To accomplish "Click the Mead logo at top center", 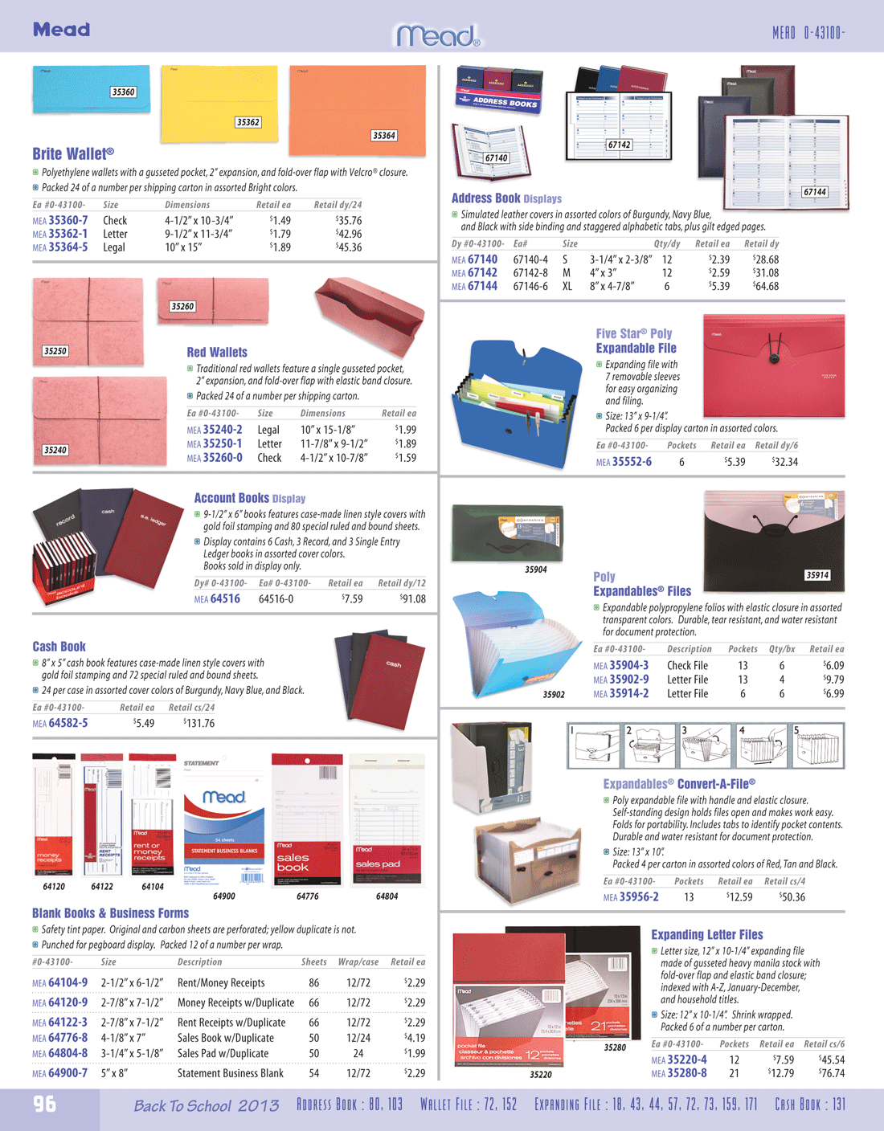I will (437, 35).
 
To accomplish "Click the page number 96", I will (45, 1104).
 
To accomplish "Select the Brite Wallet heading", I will (73, 153).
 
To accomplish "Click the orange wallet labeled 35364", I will (357, 109).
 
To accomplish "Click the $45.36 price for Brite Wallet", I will (348, 247).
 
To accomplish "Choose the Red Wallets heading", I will (217, 352).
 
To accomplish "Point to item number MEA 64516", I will (217, 598).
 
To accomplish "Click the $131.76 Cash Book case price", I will (198, 723).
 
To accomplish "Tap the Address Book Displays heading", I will (506, 198).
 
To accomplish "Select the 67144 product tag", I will (814, 192).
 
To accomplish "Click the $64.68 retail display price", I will (765, 286).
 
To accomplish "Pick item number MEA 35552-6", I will (624, 462).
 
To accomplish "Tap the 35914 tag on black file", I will (817, 575).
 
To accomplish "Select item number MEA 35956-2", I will (631, 896).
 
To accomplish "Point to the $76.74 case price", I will (831, 1073).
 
